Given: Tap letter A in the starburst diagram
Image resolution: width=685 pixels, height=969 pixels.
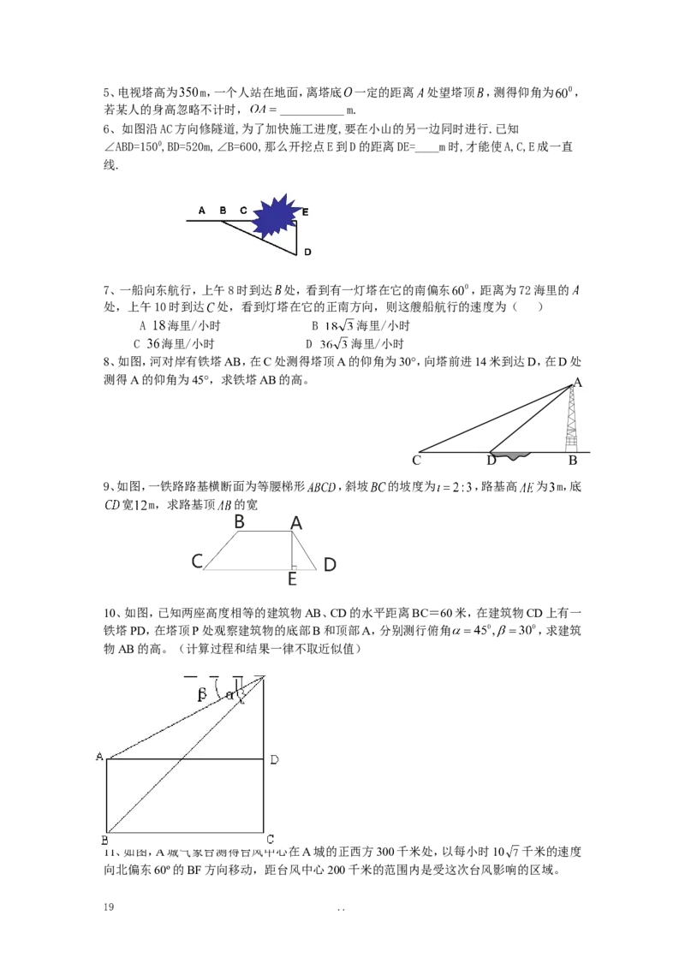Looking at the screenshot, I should pos(202,210).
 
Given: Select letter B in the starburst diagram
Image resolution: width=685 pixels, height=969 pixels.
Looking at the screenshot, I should pos(223,210).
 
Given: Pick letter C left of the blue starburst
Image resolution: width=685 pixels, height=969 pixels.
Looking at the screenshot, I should pos(243,210).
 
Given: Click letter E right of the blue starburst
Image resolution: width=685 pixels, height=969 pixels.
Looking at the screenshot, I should pos(305,211).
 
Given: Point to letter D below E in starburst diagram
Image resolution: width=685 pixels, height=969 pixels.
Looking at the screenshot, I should pos(307,252).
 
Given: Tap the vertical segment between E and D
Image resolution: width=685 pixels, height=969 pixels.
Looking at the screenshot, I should pos(296,240).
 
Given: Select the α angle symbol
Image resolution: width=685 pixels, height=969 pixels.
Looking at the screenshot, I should pos(229,695).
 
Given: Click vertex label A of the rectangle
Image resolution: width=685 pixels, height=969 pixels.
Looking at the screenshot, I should pos(99,757).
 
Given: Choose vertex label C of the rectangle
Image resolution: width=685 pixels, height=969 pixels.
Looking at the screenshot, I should pos(271,839).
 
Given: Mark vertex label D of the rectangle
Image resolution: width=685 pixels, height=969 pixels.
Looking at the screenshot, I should pos(273,759).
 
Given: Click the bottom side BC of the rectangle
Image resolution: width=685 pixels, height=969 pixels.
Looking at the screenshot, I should pos(184,831).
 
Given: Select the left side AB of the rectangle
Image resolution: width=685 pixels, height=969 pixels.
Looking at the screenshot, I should pos(106,794).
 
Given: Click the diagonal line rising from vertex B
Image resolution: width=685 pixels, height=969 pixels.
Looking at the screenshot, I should pos(184,754).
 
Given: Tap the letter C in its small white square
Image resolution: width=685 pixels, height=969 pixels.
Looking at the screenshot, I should pos(416,461).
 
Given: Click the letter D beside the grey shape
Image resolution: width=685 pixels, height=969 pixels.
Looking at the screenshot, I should pos(491,461).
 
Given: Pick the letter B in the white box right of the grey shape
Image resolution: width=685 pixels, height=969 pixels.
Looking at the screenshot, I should pos(572,461).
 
